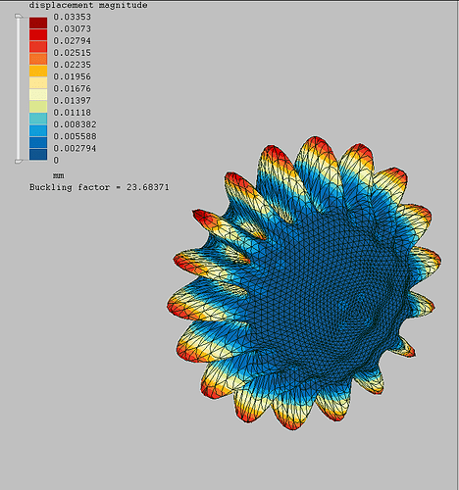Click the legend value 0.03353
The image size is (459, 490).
[72, 17]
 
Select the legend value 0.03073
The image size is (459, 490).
[72, 29]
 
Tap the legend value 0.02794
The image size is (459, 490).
[72, 41]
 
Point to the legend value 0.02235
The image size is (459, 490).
[72, 65]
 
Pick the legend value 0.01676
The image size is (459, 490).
[72, 88]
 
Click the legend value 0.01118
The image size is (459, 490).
[72, 113]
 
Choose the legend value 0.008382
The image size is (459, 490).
[75, 124]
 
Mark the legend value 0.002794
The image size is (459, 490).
[75, 148]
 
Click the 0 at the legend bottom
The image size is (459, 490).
[56, 161]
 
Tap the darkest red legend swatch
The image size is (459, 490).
[38, 24]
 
